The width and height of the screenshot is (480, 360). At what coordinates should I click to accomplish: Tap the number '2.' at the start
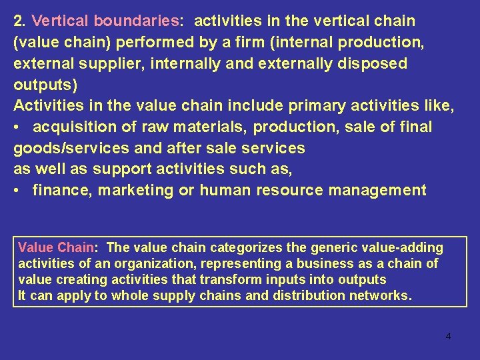[x=19, y=21]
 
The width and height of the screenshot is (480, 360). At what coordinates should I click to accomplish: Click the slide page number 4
[x=448, y=336]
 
